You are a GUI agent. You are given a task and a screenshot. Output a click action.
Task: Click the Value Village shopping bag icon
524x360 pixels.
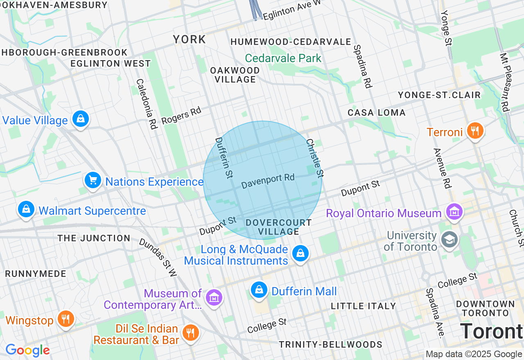click(x=81, y=119)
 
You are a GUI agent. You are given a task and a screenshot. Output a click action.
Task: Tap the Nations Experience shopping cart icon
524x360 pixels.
click(x=93, y=180)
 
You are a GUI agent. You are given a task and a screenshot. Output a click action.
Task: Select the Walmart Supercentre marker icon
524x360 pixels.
click(x=26, y=209)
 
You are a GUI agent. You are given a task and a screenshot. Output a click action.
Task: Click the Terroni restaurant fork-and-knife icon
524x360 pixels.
click(x=475, y=131)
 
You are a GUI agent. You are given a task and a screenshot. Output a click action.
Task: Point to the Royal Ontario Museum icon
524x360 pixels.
click(x=454, y=212)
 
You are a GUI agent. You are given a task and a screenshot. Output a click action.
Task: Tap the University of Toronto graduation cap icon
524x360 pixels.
click(x=449, y=240)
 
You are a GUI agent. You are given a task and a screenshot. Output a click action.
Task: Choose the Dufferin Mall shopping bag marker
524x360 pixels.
click(x=259, y=290)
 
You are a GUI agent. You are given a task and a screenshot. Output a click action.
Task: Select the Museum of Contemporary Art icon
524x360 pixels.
click(x=214, y=298)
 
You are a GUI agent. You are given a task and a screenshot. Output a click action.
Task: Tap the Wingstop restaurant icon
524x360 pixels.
click(x=65, y=319)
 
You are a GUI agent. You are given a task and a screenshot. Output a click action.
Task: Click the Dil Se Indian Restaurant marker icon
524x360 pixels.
click(x=190, y=333)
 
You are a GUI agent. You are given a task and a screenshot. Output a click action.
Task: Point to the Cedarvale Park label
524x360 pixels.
click(x=283, y=58)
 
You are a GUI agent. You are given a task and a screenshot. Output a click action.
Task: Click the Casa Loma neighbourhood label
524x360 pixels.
click(x=377, y=112)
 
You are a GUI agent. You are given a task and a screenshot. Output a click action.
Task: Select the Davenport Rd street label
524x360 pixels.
click(x=268, y=181)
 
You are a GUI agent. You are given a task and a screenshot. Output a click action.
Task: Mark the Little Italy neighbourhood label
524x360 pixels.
click(x=363, y=306)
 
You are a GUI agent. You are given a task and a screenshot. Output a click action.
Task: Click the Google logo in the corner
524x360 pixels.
click(x=27, y=350)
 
